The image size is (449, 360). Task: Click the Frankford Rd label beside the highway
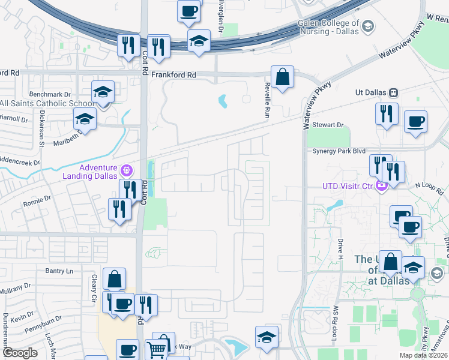click(173, 75)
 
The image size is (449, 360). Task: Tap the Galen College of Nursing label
click(328, 28)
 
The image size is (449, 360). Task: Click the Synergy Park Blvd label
click(339, 151)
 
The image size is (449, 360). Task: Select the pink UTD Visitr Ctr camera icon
click(381, 185)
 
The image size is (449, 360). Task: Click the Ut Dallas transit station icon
click(394, 93)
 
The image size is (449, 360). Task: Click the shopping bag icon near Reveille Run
click(282, 76)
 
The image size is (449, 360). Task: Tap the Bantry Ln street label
click(59, 271)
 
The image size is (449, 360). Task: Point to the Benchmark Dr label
click(50, 94)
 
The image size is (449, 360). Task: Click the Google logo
click(19, 353)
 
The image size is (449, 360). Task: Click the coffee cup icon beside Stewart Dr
click(415, 122)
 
